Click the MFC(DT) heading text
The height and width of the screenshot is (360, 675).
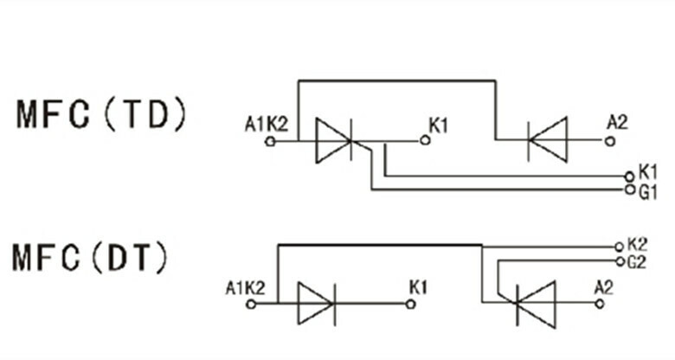[x=91, y=258]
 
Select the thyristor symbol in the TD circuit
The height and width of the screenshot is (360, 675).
[x=334, y=138]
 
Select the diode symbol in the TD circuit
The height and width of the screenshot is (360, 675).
[x=547, y=138]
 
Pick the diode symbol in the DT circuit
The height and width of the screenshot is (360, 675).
[x=315, y=304]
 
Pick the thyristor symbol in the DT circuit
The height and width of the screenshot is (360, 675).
[x=533, y=304]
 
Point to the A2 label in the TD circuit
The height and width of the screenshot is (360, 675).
[x=616, y=123]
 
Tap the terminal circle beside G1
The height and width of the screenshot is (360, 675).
[x=629, y=189]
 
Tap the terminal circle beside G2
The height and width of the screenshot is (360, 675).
[x=618, y=260]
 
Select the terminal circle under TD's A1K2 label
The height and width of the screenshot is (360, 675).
[x=270, y=139]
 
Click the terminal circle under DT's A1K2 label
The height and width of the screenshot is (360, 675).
[x=250, y=304]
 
